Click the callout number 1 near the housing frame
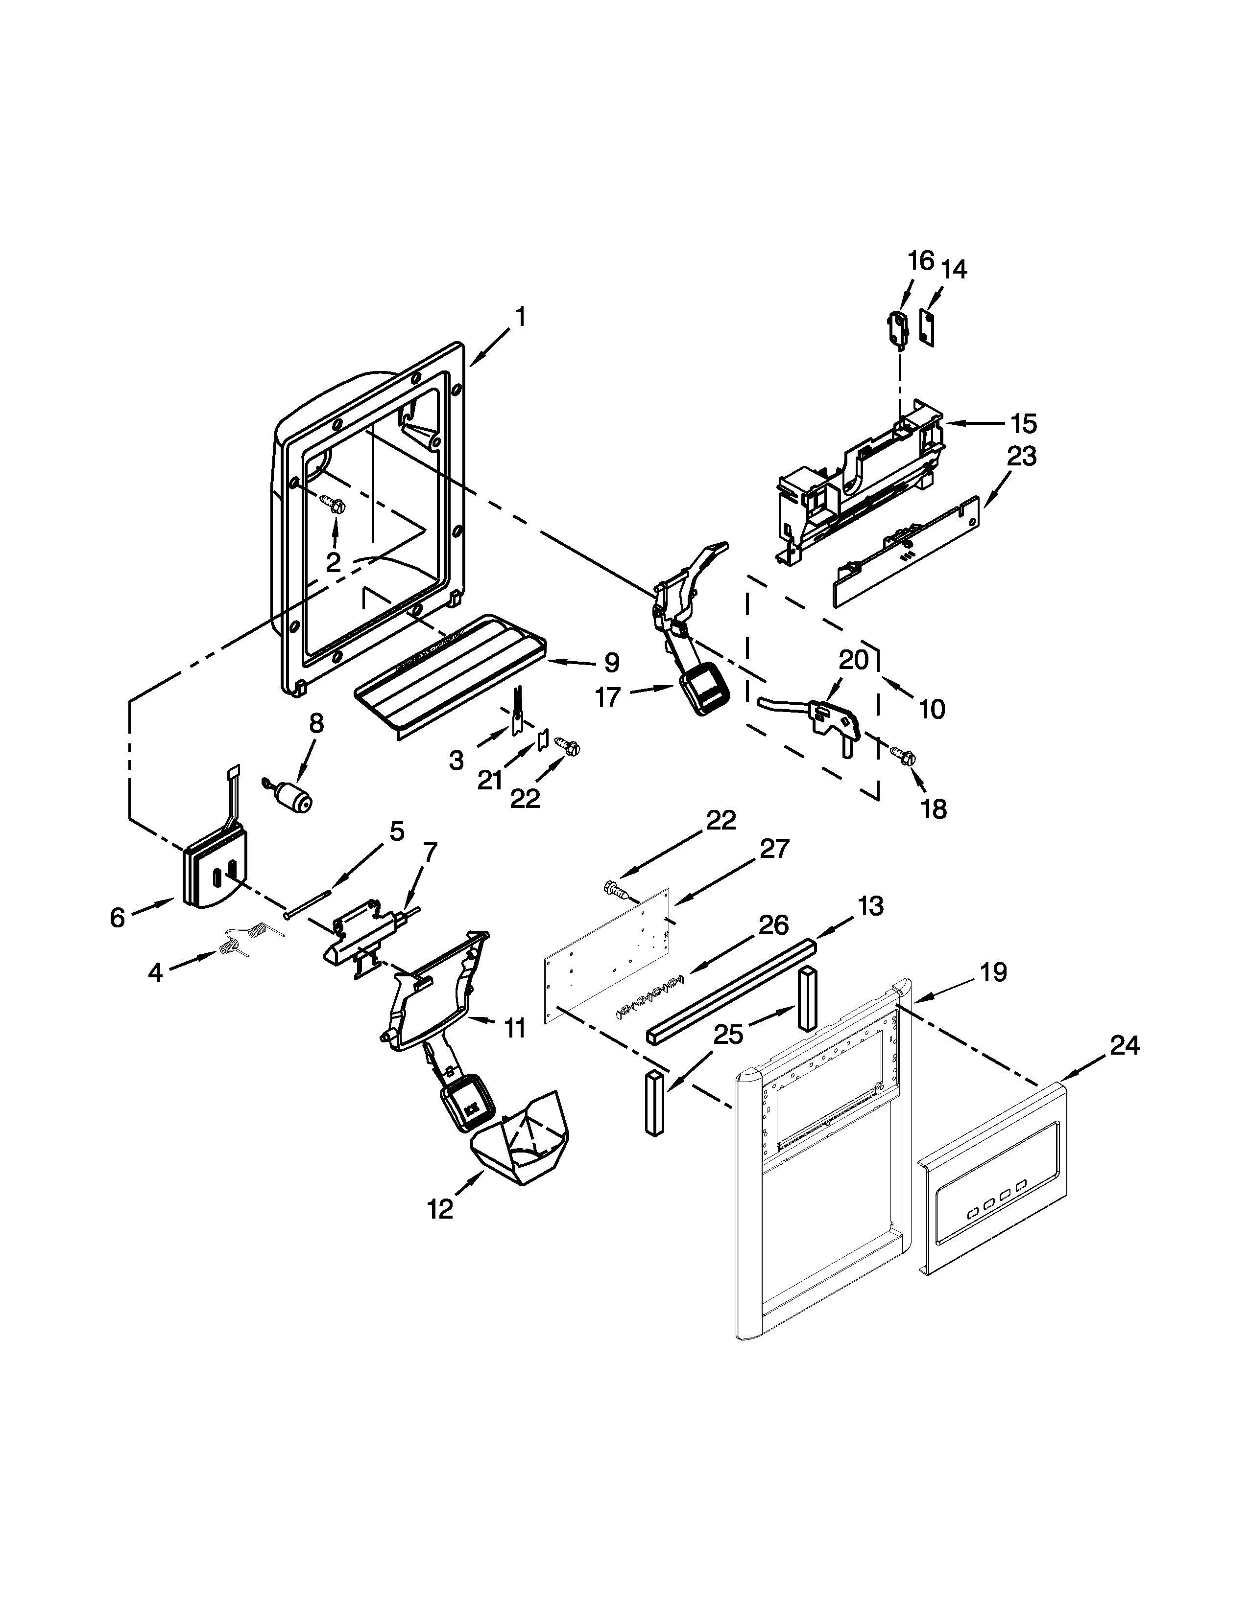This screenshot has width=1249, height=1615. [521, 317]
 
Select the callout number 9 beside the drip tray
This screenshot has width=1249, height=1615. [611, 663]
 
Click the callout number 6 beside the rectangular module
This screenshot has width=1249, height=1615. [118, 917]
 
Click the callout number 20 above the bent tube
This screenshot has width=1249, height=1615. [854, 660]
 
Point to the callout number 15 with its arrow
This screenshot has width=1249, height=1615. [1024, 424]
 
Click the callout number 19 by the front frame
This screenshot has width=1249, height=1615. [994, 971]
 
